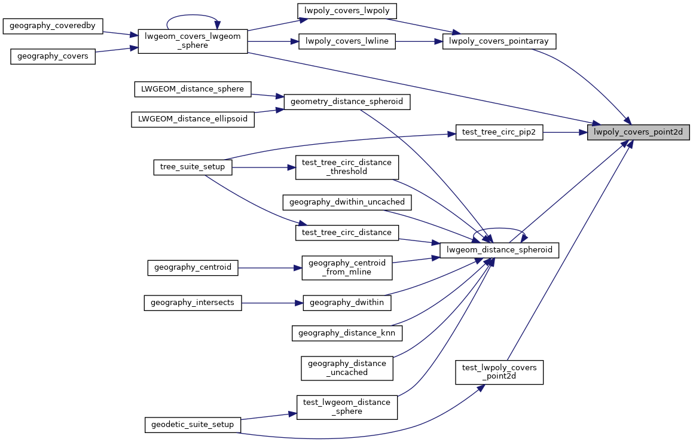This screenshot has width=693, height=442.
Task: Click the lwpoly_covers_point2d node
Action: coord(639,132)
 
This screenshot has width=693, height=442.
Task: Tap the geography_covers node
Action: coord(53,56)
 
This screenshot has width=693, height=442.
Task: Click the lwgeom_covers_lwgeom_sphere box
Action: coord(193,41)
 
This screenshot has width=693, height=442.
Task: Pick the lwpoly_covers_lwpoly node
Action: coord(347,11)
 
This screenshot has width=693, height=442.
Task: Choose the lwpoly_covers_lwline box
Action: coord(347,41)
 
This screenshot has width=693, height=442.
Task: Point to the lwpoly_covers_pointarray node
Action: coord(499,41)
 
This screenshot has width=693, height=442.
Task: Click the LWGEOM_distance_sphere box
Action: coord(192,89)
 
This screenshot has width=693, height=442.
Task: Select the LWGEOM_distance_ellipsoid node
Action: coord(193,119)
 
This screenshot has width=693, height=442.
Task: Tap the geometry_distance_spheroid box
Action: coord(346,102)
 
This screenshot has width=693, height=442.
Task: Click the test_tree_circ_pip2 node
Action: coord(499,132)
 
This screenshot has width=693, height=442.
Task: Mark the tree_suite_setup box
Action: coord(193,167)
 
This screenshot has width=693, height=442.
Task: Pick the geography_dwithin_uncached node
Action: coord(347,202)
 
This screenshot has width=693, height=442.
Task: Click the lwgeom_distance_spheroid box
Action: coord(499,249)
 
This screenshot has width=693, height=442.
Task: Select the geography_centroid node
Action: coord(193,267)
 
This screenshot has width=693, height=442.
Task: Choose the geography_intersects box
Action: coord(193,303)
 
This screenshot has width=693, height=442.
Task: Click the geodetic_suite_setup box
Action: coord(193,425)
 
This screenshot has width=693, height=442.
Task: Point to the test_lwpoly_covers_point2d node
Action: coord(499,371)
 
